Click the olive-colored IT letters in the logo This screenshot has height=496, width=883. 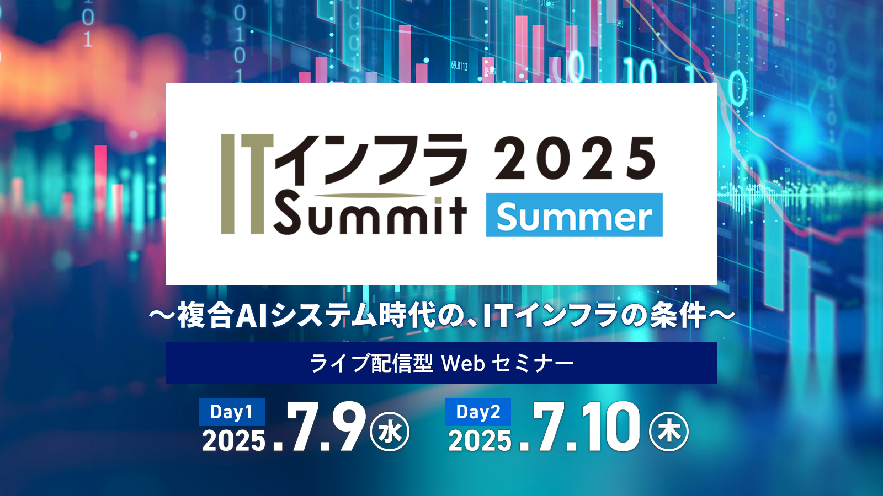[247, 184]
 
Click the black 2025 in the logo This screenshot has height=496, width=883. [575, 159]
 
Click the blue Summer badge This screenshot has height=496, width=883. [575, 215]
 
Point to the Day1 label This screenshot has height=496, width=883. [231, 412]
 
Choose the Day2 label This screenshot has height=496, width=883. [478, 412]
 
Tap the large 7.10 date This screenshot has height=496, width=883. [579, 427]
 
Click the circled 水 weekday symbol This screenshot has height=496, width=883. [390, 432]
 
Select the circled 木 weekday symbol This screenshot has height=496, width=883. [668, 432]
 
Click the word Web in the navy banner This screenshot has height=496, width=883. [463, 364]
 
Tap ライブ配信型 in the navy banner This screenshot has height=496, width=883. [371, 363]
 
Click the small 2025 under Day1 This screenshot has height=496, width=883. [233, 440]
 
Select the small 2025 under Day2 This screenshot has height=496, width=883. [480, 440]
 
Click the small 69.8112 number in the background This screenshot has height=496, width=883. [459, 66]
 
